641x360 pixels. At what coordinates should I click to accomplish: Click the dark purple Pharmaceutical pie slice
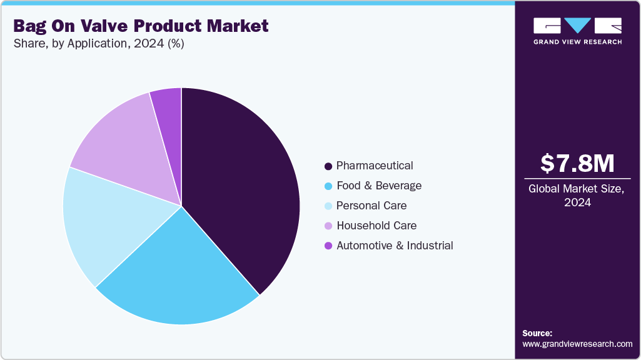click(244, 187)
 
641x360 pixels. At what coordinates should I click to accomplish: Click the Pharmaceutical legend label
click(375, 166)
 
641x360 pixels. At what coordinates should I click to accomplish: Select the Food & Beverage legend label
click(379, 186)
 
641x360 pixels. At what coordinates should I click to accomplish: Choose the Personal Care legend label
click(371, 206)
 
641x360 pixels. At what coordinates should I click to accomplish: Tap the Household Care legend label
click(376, 226)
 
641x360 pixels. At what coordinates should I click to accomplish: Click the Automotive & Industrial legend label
click(395, 246)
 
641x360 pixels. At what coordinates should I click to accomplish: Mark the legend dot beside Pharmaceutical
click(328, 166)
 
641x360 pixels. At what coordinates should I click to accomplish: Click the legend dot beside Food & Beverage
click(328, 186)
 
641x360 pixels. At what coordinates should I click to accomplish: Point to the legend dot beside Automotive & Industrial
click(328, 246)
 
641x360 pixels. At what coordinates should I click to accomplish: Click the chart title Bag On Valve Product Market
click(141, 26)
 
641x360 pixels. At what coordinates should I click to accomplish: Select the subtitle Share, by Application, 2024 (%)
click(98, 44)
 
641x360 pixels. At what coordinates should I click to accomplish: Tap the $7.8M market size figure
click(577, 163)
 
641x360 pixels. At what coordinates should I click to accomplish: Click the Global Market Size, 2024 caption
click(577, 196)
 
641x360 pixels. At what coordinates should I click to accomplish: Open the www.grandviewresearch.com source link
click(577, 344)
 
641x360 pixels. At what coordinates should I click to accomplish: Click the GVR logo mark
click(577, 26)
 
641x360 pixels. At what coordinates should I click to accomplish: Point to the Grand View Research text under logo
click(577, 42)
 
